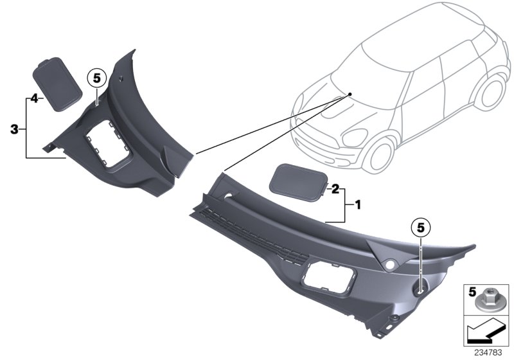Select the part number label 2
335,188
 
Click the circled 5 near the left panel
96,78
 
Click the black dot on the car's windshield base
350,94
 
